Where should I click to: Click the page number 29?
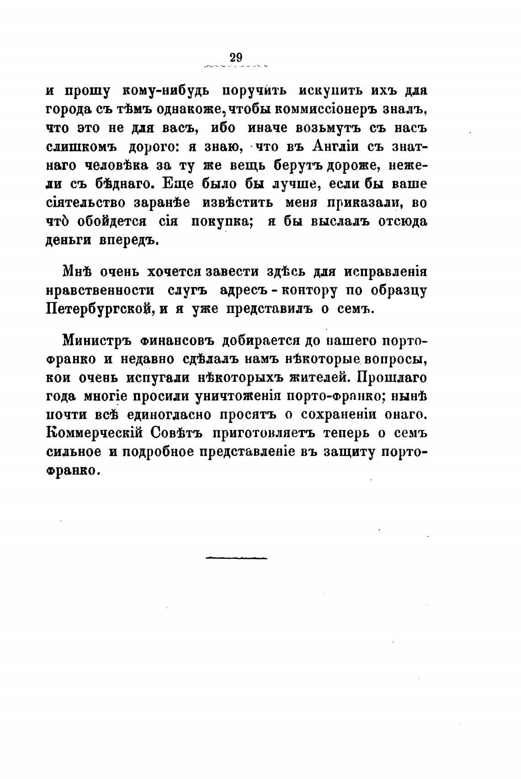coord(236,58)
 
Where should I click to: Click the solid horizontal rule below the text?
coord(236,558)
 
